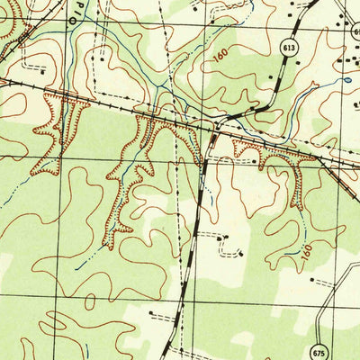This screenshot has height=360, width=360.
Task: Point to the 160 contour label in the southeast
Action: pos(308,256)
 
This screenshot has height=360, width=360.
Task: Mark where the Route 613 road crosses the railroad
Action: pos(215,128)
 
